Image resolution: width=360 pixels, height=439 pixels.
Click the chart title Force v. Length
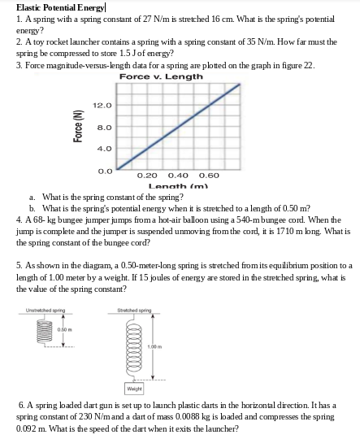pos(161,76)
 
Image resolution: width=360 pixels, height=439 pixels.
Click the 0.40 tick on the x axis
pos(178,175)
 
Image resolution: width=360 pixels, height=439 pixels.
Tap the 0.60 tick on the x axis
pos(209,175)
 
